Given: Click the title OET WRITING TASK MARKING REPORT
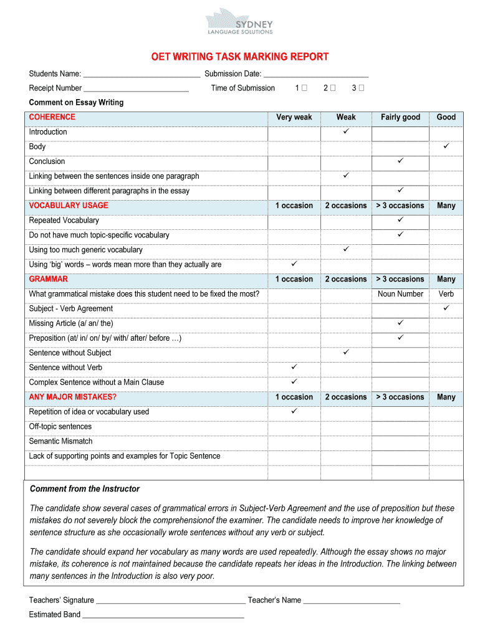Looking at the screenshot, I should (x=240, y=57).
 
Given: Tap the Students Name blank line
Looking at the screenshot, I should (x=142, y=75).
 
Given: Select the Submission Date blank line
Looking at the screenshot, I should (x=316, y=75).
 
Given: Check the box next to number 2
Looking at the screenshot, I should (x=332, y=88).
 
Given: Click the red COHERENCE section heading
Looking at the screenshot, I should (x=52, y=117).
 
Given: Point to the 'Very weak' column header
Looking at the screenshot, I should (x=294, y=117).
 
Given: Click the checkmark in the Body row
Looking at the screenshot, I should (x=446, y=146).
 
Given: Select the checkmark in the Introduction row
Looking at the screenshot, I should (x=346, y=132).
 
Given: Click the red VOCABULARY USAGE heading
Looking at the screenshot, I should (x=69, y=206).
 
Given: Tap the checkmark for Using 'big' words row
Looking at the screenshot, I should (x=294, y=264).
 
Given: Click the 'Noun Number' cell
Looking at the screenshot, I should (x=400, y=294).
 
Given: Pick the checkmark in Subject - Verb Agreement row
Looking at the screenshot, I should (x=446, y=308).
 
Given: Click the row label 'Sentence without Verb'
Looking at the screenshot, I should (x=65, y=368).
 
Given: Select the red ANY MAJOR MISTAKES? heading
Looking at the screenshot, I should (x=73, y=397).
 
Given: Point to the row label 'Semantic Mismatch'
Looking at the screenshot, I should (x=60, y=441).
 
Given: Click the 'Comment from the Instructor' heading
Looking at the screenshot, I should (x=85, y=489).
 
